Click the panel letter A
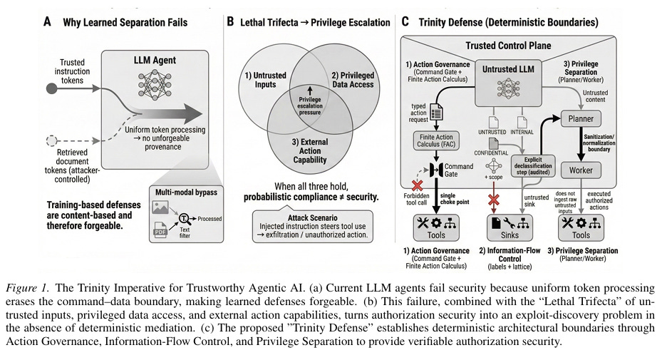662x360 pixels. coord(47,23)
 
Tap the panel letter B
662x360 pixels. coord(231,23)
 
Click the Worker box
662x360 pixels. coord(581,170)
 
